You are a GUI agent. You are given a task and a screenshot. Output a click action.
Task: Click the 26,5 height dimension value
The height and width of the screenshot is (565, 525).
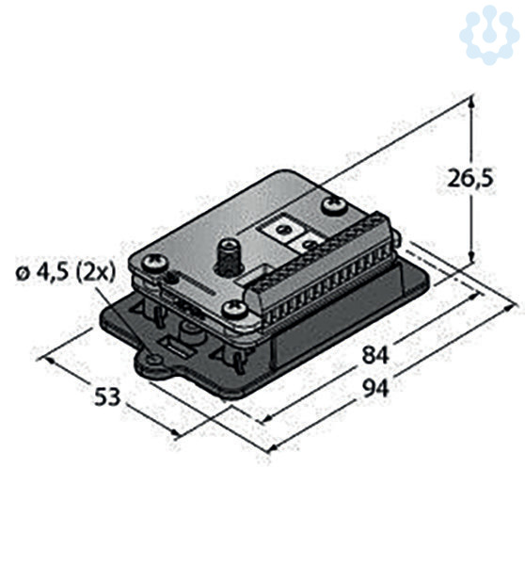point(469,179)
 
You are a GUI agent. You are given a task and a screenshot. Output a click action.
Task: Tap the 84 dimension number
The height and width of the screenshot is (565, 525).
point(375,355)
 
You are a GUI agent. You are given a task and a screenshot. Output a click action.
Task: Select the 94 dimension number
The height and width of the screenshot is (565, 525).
point(375,388)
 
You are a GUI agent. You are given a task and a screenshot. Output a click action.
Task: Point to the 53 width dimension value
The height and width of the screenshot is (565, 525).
point(107,397)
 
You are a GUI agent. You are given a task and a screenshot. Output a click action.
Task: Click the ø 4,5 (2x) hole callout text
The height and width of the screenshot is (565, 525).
point(66,273)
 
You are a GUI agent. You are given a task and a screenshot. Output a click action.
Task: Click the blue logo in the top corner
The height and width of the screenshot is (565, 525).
point(489,35)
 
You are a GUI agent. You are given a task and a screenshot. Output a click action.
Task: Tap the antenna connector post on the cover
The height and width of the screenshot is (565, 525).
point(229,253)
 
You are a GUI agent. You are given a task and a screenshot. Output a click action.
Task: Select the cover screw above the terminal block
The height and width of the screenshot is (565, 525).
point(334,205)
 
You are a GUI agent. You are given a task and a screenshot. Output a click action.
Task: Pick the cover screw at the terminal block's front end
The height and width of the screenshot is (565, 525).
point(235,309)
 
